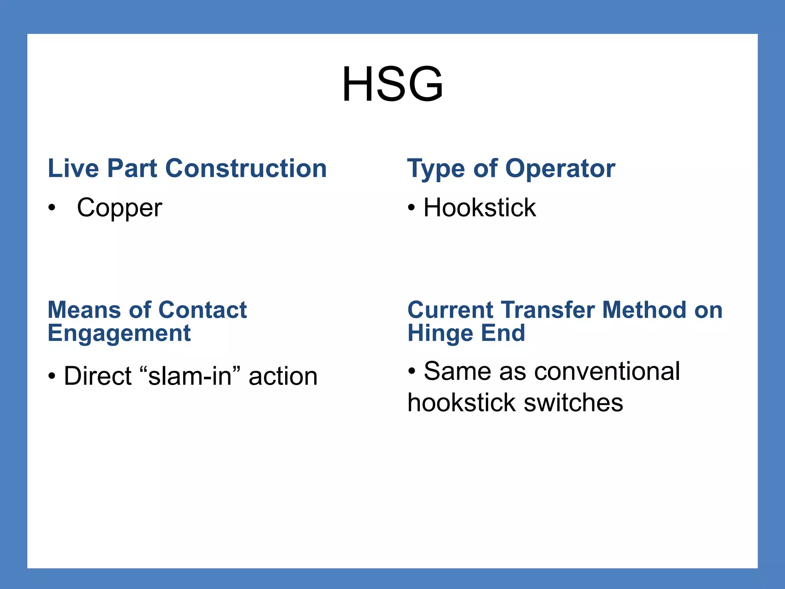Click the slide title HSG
[392, 84]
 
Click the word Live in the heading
[73, 168]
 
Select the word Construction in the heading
[246, 168]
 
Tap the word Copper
[120, 208]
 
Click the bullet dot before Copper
[52, 208]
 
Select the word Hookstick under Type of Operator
[480, 208]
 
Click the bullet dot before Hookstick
[411, 208]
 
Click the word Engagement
[119, 333]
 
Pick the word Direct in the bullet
[98, 376]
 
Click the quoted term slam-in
[190, 376]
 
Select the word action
[283, 376]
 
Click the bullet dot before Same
[412, 372]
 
